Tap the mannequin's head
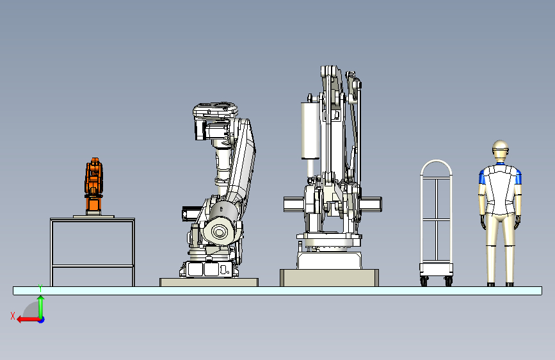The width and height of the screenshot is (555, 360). tap(500, 151)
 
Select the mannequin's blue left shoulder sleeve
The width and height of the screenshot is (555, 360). tap(482, 177)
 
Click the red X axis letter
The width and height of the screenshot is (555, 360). tap(13, 316)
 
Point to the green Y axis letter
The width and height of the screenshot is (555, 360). tap(40, 288)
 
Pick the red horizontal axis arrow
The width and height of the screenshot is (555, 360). tap(28, 320)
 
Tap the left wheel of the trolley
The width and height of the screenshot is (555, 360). tap(424, 281)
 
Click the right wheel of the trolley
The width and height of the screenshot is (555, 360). tap(449, 281)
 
